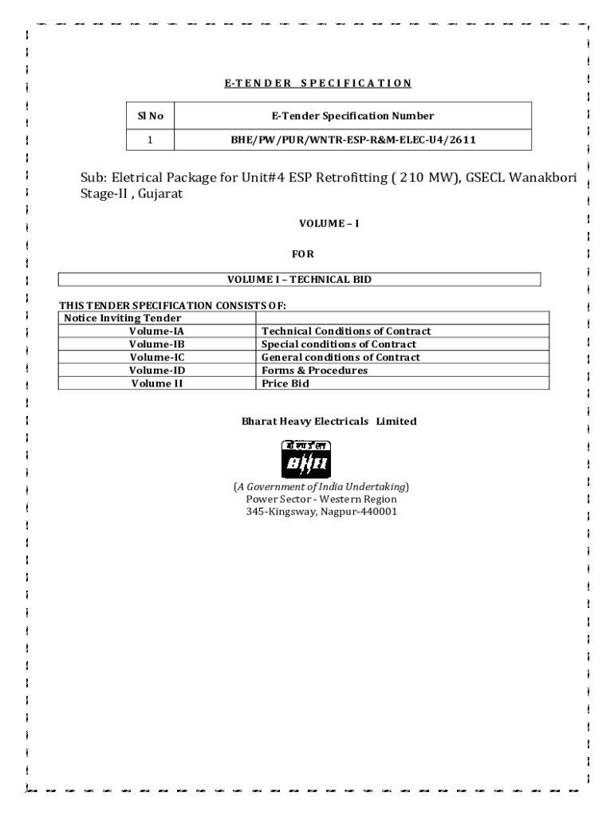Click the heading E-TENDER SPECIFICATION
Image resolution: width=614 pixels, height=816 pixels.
[312, 82]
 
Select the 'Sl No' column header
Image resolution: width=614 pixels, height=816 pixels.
[151, 116]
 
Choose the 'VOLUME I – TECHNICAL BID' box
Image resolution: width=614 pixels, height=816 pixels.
[299, 280]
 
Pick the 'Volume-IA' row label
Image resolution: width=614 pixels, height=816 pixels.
[156, 331]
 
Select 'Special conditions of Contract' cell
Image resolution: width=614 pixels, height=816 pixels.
[339, 344]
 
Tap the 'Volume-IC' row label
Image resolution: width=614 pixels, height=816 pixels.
[156, 357]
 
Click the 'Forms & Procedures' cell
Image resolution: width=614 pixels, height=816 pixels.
[314, 371]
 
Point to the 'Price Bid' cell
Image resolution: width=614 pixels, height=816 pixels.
[285, 383]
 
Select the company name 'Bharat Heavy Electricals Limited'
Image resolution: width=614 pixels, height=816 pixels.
[329, 421]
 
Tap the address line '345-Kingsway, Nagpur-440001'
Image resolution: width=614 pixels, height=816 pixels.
[321, 512]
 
